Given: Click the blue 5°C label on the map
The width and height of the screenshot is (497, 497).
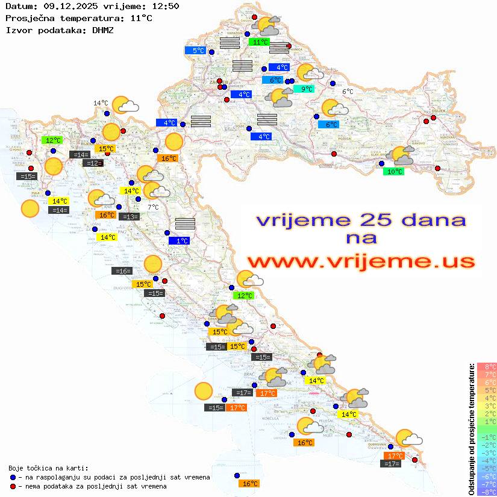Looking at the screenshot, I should tap(198, 51).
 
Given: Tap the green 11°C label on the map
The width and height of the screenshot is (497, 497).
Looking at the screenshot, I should tap(260, 42).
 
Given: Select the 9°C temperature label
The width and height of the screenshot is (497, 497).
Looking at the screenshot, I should tap(306, 89).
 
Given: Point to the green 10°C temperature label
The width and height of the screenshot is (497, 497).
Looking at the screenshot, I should tap(394, 172).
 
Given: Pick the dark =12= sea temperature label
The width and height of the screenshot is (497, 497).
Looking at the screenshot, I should tap(93, 163).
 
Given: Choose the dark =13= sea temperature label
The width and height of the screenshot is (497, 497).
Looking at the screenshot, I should tap(129, 217).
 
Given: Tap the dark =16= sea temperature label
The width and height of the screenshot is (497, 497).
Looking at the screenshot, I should tap(122, 271).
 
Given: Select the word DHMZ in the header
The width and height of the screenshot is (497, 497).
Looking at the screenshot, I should tap(102, 30).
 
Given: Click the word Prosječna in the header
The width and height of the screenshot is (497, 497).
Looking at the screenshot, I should tap(28, 18).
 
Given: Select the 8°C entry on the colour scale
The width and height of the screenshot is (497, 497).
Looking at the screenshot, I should tap(487, 366).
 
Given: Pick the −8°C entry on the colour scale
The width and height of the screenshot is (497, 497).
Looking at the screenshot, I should tap(487, 492).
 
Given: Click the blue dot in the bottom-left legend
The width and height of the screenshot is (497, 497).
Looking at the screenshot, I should tap(13, 477).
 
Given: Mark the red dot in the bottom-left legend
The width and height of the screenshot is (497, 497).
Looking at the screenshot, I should tap(13, 486).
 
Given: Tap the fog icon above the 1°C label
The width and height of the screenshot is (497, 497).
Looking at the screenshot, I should tap(185, 224).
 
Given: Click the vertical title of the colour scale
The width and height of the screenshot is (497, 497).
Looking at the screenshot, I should tap(472, 429).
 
